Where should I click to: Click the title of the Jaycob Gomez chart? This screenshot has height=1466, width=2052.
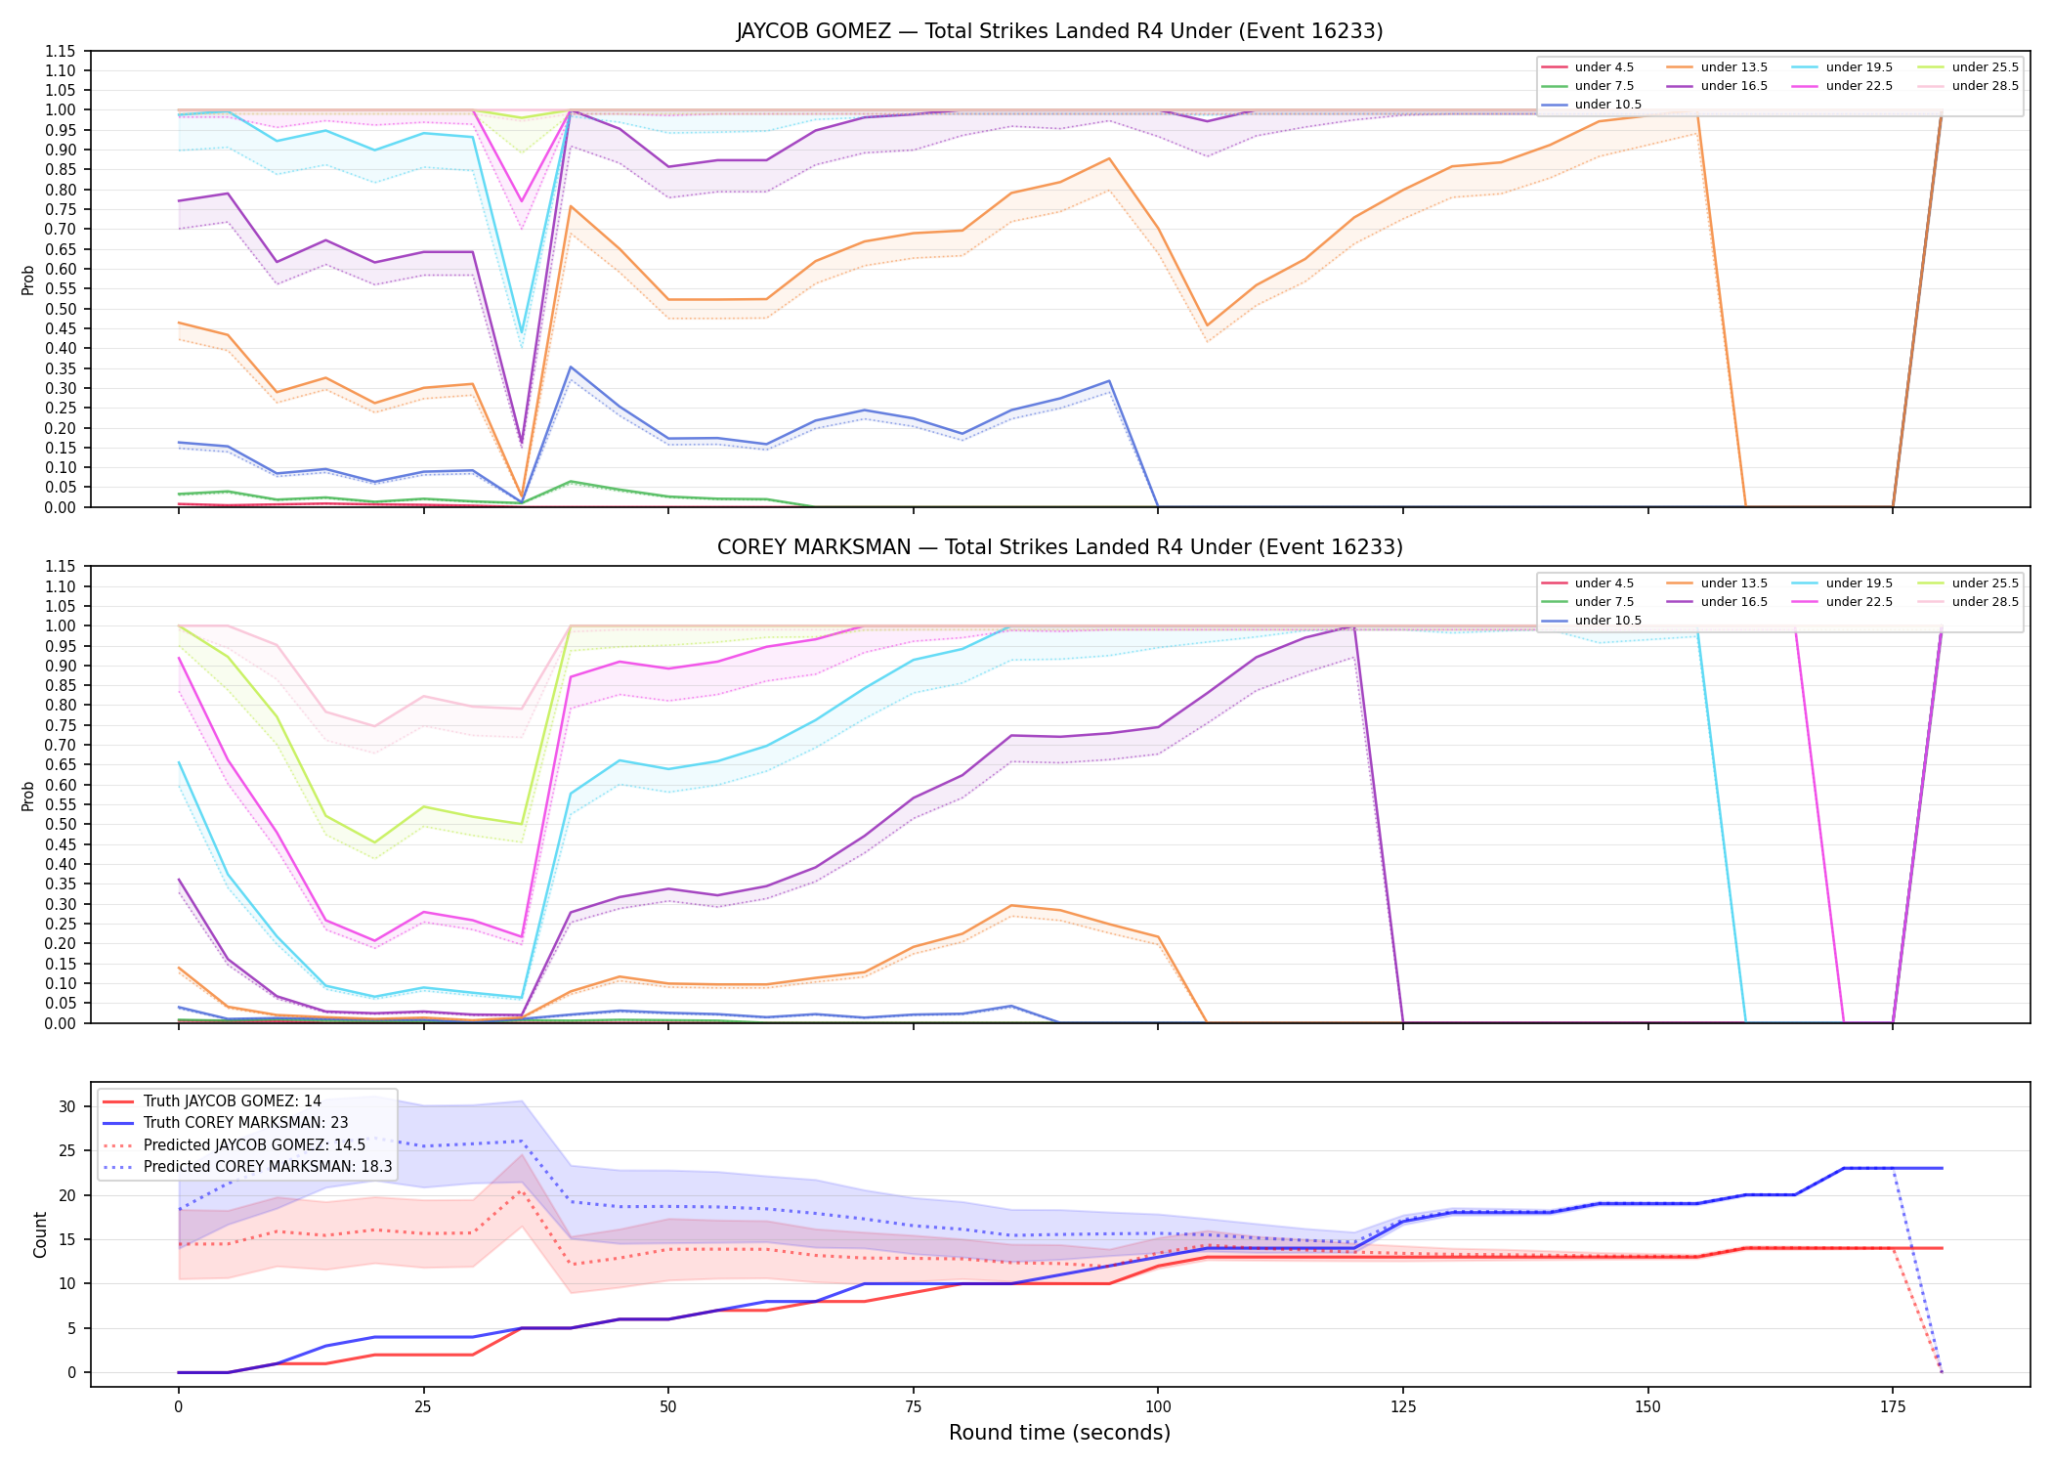1059,31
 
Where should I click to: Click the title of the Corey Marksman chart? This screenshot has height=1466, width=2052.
1059,547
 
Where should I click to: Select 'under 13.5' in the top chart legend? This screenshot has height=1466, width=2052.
1733,67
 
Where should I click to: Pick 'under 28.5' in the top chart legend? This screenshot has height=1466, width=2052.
1985,86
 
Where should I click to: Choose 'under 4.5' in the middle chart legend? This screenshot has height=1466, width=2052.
1603,583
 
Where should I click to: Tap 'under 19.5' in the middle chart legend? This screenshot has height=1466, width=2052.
1859,583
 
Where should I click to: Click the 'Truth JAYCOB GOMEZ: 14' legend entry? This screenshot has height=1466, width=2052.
232,1101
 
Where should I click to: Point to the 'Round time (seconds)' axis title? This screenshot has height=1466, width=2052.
1059,1433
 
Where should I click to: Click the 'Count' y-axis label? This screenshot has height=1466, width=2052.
40,1234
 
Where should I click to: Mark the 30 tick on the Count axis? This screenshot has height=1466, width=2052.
67,1106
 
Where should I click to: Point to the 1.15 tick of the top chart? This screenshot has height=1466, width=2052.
61,51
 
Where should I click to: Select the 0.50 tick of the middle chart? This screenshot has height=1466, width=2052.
61,824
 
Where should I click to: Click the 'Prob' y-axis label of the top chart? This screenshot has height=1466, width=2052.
28,280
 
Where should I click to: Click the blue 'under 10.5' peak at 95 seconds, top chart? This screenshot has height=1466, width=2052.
1109,381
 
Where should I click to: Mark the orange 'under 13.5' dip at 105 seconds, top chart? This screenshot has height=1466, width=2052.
1207,325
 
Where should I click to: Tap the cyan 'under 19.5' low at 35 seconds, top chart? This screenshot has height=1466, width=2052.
521,333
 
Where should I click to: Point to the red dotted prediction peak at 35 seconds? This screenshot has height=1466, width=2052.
521,1190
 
